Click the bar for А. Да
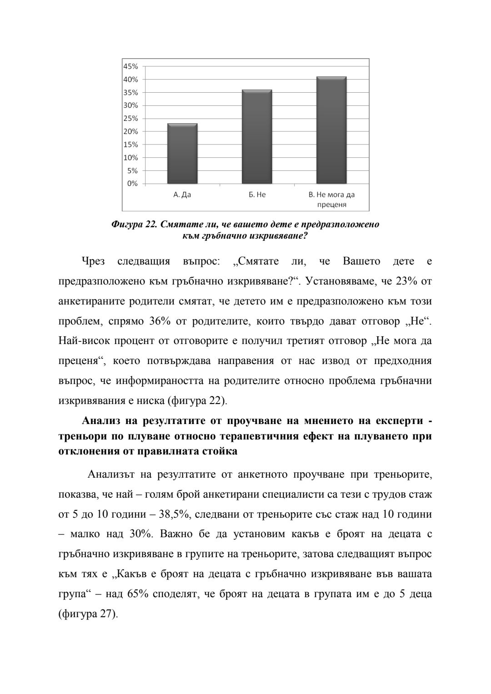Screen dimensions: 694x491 coord(182,153)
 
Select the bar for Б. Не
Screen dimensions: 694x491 coord(257,136)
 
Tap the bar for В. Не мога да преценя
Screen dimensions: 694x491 coord(331,130)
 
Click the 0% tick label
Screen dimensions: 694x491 coord(132,184)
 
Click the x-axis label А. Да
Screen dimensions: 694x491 coord(182,195)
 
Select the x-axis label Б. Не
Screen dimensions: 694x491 coord(257,195)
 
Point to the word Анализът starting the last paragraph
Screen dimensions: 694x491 coord(111,474)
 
